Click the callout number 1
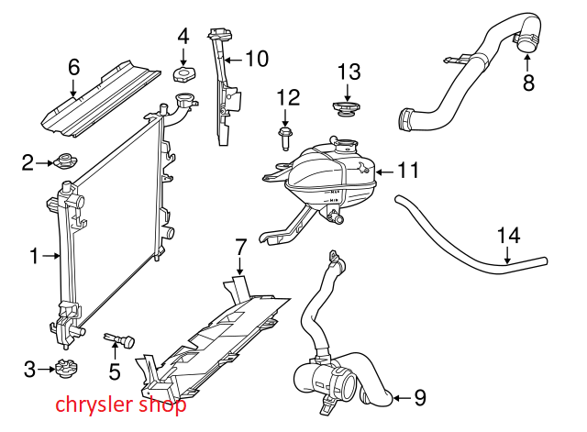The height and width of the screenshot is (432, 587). [x=34, y=257]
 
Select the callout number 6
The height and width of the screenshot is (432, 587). [x=74, y=66]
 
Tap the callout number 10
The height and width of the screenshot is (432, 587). [x=257, y=60]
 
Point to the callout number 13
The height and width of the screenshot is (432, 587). [x=349, y=72]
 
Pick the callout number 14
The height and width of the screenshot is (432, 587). [x=508, y=236]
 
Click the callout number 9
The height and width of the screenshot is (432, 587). [x=420, y=397]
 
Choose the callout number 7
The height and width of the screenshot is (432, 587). [x=240, y=247]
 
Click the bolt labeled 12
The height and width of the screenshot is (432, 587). [x=285, y=137]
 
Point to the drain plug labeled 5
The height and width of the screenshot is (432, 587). [x=119, y=340]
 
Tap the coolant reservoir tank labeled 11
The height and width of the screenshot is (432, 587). [x=330, y=174]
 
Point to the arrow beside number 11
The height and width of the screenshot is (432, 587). [x=383, y=171]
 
